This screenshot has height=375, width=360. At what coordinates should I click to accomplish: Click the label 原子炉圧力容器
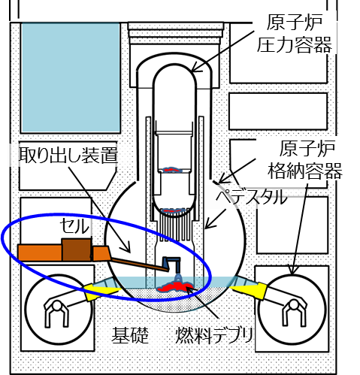coord(295,33)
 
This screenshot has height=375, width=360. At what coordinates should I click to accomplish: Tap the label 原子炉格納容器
coord(305,159)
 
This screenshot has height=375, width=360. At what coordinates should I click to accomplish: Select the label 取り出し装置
coord(68,155)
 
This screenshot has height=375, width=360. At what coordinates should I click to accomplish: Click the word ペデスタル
coord(251,197)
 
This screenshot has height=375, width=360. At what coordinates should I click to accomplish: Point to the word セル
coord(74,226)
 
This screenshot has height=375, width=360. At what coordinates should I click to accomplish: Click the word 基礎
coord(130,335)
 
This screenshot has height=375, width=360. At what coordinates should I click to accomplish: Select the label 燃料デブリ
coord(213,335)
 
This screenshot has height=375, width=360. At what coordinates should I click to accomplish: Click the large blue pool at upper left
coord(71,77)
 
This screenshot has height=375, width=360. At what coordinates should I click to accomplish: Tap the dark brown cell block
coord(76,249)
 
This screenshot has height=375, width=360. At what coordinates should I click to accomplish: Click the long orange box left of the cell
coord(40,253)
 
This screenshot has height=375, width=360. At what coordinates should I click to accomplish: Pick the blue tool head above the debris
coord(171,264)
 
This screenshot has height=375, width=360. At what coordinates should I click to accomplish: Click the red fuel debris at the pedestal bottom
coord(175,286)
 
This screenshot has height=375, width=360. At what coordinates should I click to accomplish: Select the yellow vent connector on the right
coord(250,290)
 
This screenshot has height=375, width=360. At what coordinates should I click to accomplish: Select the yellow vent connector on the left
coord(100,291)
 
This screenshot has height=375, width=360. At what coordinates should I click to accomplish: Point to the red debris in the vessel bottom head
coord(174,210)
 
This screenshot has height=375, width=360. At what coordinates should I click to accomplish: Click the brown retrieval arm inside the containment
coord(140,265)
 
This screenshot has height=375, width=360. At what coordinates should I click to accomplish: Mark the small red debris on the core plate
coord(172,170)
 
